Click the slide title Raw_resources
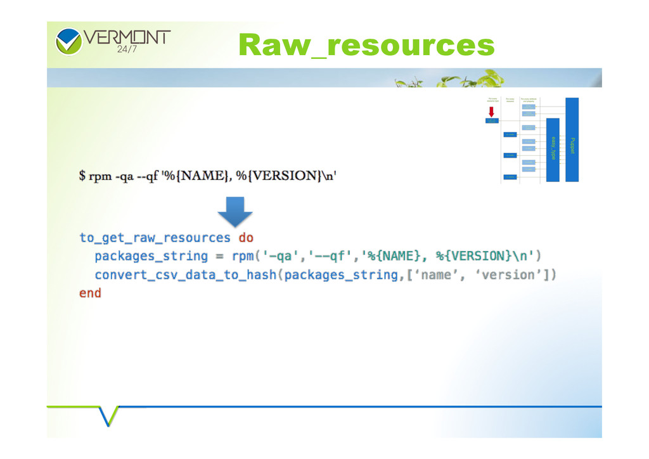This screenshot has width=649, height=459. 366,46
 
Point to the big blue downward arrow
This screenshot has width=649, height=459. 235,211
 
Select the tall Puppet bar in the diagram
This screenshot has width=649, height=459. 572,139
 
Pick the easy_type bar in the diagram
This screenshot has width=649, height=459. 553,150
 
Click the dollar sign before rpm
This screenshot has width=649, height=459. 82,176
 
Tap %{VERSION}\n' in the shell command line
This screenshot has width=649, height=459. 290,176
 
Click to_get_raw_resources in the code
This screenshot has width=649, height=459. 155,238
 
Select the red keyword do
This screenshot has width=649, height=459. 246,238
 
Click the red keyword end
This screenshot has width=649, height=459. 90,293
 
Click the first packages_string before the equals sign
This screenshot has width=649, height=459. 151,256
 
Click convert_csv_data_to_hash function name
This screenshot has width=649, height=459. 186,275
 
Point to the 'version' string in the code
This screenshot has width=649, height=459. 517,275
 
